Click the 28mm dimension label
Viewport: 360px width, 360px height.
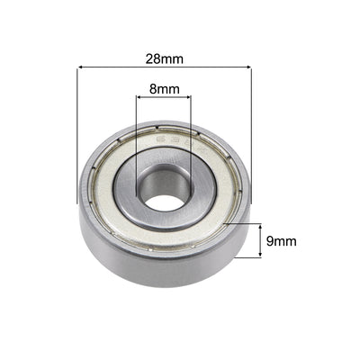[x=164, y=58]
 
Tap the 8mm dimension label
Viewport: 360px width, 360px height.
[x=164, y=90]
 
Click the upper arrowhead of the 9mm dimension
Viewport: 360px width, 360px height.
[x=261, y=226]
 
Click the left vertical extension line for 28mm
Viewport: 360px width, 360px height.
[x=79, y=135]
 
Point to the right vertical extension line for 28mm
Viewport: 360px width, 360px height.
[x=249, y=135]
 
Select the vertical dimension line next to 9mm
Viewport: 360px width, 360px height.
[x=261, y=241]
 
